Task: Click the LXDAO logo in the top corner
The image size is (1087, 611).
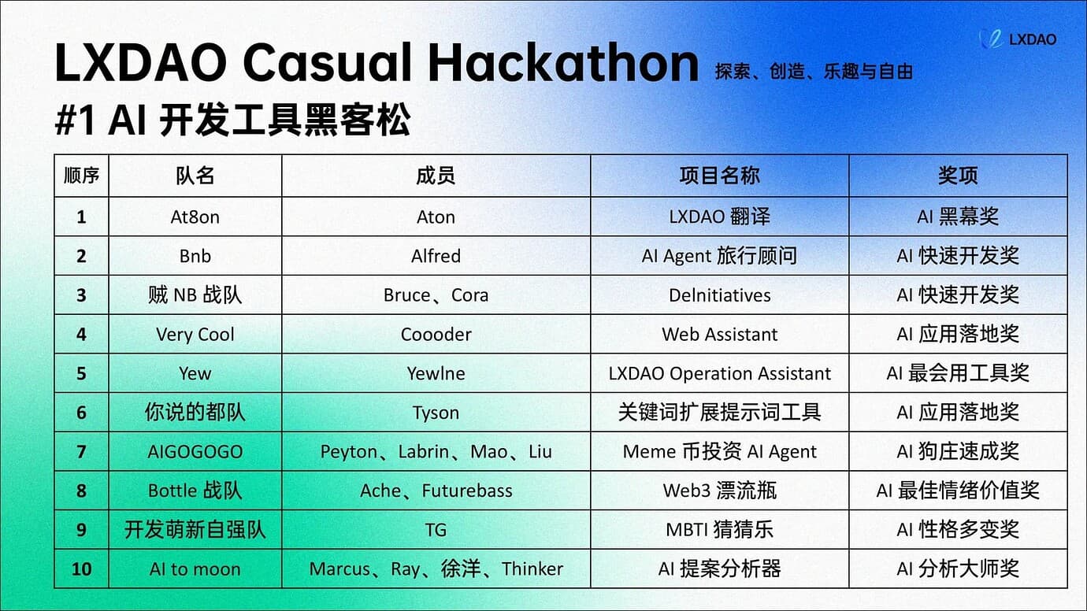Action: tap(1018, 39)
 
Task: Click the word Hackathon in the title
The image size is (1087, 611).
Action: tap(563, 63)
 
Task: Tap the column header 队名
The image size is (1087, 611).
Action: tap(195, 176)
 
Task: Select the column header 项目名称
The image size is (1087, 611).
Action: tap(720, 176)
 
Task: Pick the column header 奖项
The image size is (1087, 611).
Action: tap(958, 176)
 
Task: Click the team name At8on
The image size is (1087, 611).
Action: tap(195, 217)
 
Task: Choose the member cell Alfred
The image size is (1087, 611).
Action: tap(436, 256)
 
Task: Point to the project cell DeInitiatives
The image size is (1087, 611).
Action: tap(720, 294)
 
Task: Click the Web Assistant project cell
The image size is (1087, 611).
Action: tap(720, 334)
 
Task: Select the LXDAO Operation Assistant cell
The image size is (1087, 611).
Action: tap(720, 373)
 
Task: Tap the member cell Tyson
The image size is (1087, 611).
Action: tap(436, 413)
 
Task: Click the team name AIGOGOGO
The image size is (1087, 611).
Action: tap(195, 451)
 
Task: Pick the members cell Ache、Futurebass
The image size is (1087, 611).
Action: tap(436, 491)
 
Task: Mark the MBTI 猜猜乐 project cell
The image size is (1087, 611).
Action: tap(720, 530)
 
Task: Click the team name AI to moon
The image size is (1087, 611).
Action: tap(195, 568)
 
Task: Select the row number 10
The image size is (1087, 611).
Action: tap(82, 568)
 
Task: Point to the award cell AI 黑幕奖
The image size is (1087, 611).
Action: tap(958, 217)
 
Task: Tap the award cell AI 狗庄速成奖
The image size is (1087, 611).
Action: tap(958, 451)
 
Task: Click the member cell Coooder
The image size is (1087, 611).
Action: tap(436, 334)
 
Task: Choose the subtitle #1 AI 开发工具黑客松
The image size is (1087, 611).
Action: tap(233, 120)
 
